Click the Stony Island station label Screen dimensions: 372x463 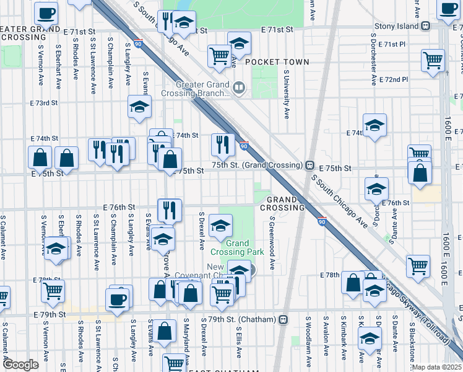pyautogui.click(x=397, y=26)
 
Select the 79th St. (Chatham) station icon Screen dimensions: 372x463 pyautogui.click(x=283, y=320)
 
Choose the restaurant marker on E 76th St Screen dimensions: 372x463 pyautogui.click(x=168, y=210)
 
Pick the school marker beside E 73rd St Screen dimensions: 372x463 pyautogui.click(x=139, y=107)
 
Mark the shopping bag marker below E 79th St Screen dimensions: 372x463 pyautogui.click(x=165, y=331)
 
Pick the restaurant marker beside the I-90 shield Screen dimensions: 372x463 pyautogui.click(x=222, y=145)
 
